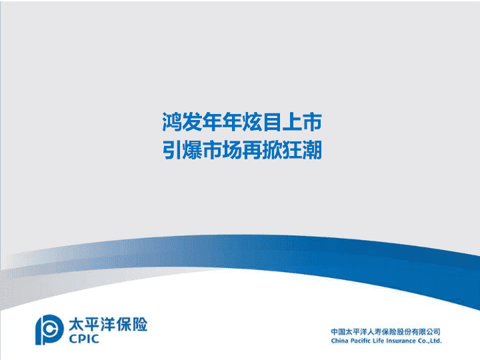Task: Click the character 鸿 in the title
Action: pyautogui.click(x=172, y=122)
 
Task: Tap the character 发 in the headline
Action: pyautogui.click(x=191, y=122)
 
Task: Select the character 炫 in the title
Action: pyautogui.click(x=251, y=122)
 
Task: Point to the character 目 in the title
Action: pyautogui.click(x=272, y=122)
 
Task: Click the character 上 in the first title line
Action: pyautogui.click(x=292, y=122)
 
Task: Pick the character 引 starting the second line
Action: pyautogui.click(x=172, y=150)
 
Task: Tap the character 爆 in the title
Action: pyautogui.click(x=191, y=150)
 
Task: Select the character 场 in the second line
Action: pyautogui.click(x=232, y=150)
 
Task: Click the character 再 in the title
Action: pyautogui.click(x=251, y=150)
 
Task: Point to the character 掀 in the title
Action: pyautogui.click(x=272, y=150)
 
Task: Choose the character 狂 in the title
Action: pyautogui.click(x=292, y=150)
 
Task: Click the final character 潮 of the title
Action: pyautogui.click(x=312, y=150)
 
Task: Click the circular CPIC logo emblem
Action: pyautogui.click(x=49, y=330)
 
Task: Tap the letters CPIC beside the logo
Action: pyautogui.click(x=83, y=339)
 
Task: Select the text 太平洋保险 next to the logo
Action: pyautogui.click(x=108, y=324)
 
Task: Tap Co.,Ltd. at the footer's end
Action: pyautogui.click(x=430, y=341)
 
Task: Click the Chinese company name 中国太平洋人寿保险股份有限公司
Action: pyautogui.click(x=386, y=331)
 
